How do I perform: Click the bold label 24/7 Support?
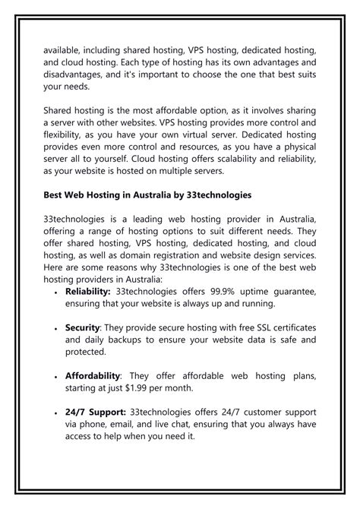tap(96, 411)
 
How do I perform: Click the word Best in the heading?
tap(55, 195)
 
